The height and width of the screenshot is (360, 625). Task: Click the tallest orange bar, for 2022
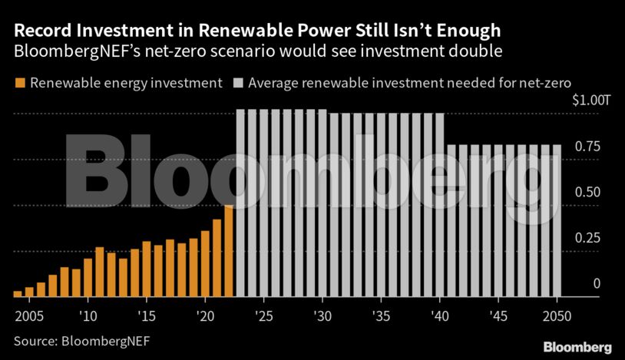(x=229, y=250)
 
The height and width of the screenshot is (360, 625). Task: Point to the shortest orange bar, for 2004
(x=18, y=293)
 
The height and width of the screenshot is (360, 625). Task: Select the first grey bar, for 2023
(x=240, y=203)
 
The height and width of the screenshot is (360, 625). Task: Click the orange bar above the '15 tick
(x=146, y=269)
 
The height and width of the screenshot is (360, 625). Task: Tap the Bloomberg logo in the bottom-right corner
(x=577, y=347)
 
